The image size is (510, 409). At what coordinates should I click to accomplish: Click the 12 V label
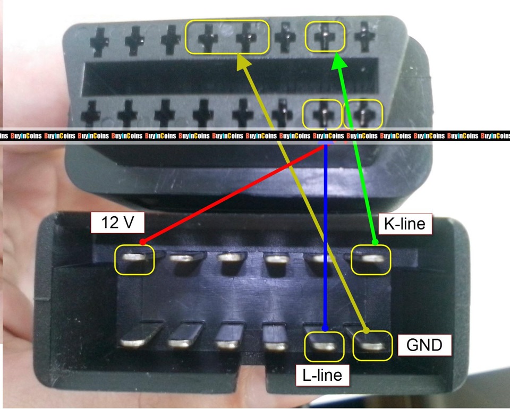click(117, 223)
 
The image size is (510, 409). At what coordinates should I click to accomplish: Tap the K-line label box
click(405, 224)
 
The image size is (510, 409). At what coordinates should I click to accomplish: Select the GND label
click(424, 345)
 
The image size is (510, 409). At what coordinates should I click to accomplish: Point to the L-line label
click(322, 375)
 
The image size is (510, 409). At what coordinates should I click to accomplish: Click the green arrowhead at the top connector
click(338, 61)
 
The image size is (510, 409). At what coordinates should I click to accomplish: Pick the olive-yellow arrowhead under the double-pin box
click(243, 62)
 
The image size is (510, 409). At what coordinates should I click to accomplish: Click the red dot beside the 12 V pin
click(142, 242)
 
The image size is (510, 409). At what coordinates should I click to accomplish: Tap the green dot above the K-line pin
click(375, 242)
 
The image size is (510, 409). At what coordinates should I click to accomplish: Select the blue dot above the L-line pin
click(325, 328)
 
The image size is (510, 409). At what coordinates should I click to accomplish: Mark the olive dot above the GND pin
click(366, 330)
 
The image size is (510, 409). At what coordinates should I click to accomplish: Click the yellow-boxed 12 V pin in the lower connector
click(134, 260)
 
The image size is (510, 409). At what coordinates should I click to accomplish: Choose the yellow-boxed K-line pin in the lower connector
click(371, 260)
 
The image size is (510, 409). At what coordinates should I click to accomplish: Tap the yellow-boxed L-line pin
click(324, 346)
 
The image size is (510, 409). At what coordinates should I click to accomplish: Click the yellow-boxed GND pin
click(372, 346)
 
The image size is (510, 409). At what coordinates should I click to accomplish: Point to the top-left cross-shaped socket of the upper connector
click(99, 42)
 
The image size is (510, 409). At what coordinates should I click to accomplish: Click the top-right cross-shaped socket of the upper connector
click(364, 37)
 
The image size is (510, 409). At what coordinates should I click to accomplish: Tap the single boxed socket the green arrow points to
click(325, 37)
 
